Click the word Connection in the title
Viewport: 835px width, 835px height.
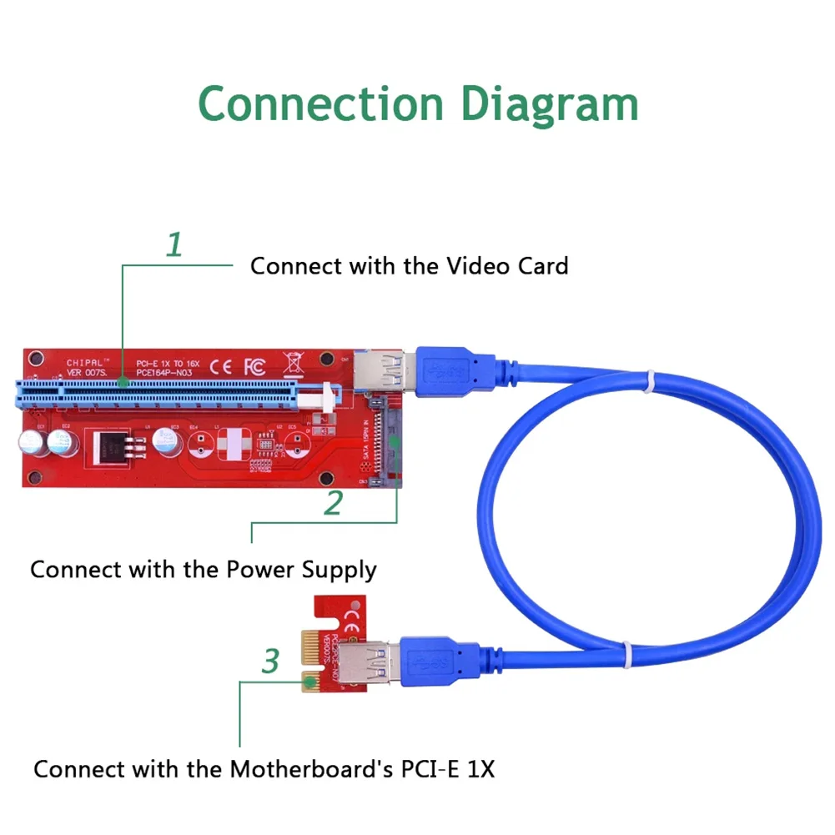click(320, 104)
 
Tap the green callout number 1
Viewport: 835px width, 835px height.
click(174, 245)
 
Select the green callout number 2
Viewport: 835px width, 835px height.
click(333, 502)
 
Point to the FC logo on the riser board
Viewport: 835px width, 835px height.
click(253, 365)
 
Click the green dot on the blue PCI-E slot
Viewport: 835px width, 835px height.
click(123, 384)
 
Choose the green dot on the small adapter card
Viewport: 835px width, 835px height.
click(311, 682)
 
